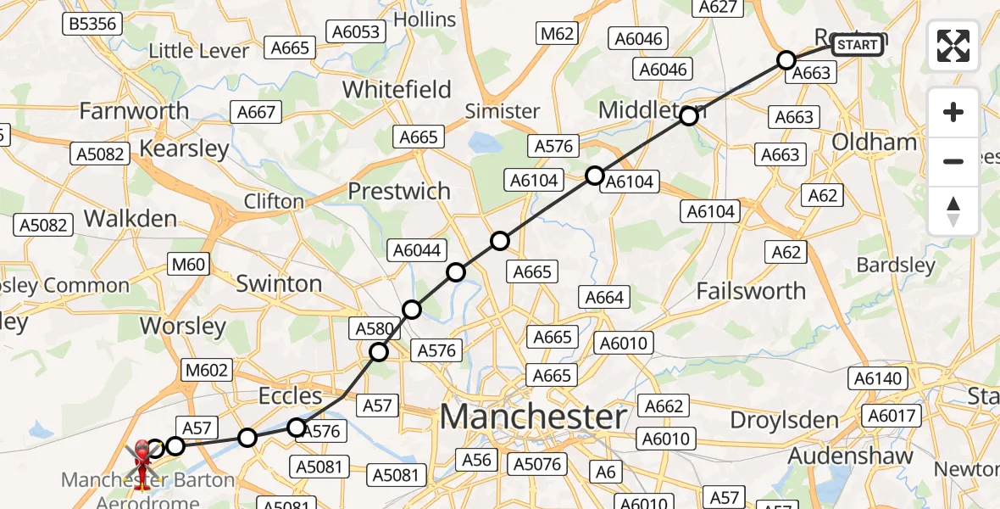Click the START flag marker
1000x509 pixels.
(857, 44)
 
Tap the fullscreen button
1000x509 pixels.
(953, 46)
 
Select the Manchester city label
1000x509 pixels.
(534, 417)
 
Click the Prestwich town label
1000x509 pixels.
(399, 191)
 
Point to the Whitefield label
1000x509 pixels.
(397, 90)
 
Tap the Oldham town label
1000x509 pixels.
(875, 142)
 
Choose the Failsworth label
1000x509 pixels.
(751, 291)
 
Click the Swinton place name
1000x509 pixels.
(279, 283)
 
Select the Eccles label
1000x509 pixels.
(292, 396)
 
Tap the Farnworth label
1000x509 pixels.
(134, 111)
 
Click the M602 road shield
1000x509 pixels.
(208, 370)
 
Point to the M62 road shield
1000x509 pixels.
(557, 33)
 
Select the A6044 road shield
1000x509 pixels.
(414, 249)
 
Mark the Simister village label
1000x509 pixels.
(503, 111)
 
